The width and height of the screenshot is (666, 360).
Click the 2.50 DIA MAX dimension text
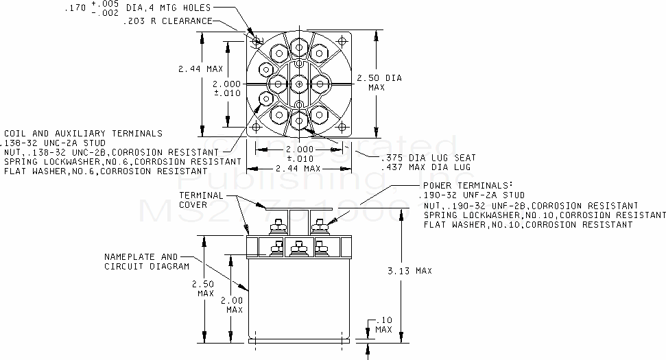(x=385, y=82)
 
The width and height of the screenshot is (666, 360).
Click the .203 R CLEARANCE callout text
(x=167, y=21)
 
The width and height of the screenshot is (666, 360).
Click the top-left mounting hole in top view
(x=257, y=41)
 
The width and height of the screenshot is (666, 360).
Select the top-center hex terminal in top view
(x=298, y=47)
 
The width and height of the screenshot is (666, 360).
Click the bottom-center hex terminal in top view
(x=298, y=121)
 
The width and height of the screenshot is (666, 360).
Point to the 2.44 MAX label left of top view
(x=200, y=69)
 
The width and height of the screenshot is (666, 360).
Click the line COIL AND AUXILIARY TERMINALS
(x=83, y=133)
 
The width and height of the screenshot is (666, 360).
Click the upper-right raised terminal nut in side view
(x=318, y=224)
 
